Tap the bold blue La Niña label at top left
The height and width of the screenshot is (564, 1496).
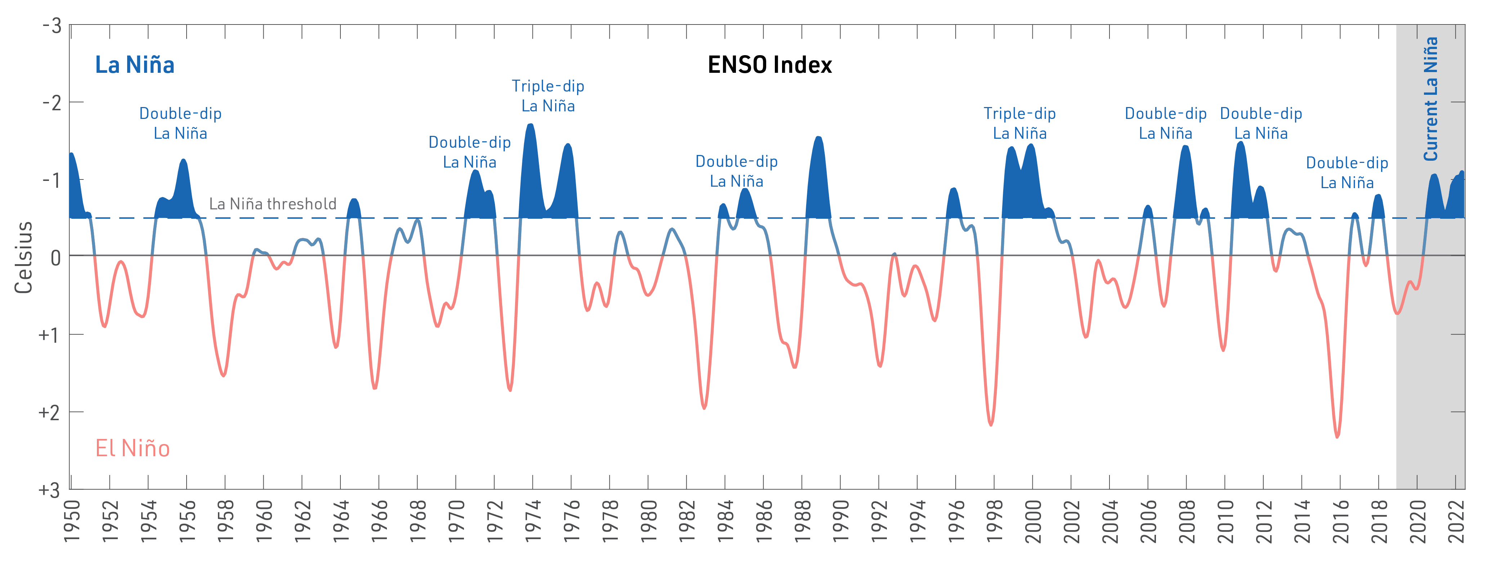click(135, 65)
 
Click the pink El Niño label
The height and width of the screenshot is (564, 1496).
click(133, 448)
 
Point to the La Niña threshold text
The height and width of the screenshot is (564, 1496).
click(272, 204)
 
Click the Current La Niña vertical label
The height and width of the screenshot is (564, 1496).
click(1430, 99)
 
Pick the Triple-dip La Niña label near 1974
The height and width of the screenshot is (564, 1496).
click(548, 96)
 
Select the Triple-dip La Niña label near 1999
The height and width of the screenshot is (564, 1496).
click(1019, 123)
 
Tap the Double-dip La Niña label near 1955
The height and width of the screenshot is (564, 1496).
click(180, 123)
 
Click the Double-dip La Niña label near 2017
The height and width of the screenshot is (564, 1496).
click(1347, 173)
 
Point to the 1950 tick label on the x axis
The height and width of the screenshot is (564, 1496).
click(71, 521)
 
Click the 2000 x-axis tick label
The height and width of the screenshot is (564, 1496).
click(1032, 521)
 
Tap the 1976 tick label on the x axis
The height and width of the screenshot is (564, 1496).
click(571, 521)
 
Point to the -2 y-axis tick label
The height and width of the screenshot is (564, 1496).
click(52, 103)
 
